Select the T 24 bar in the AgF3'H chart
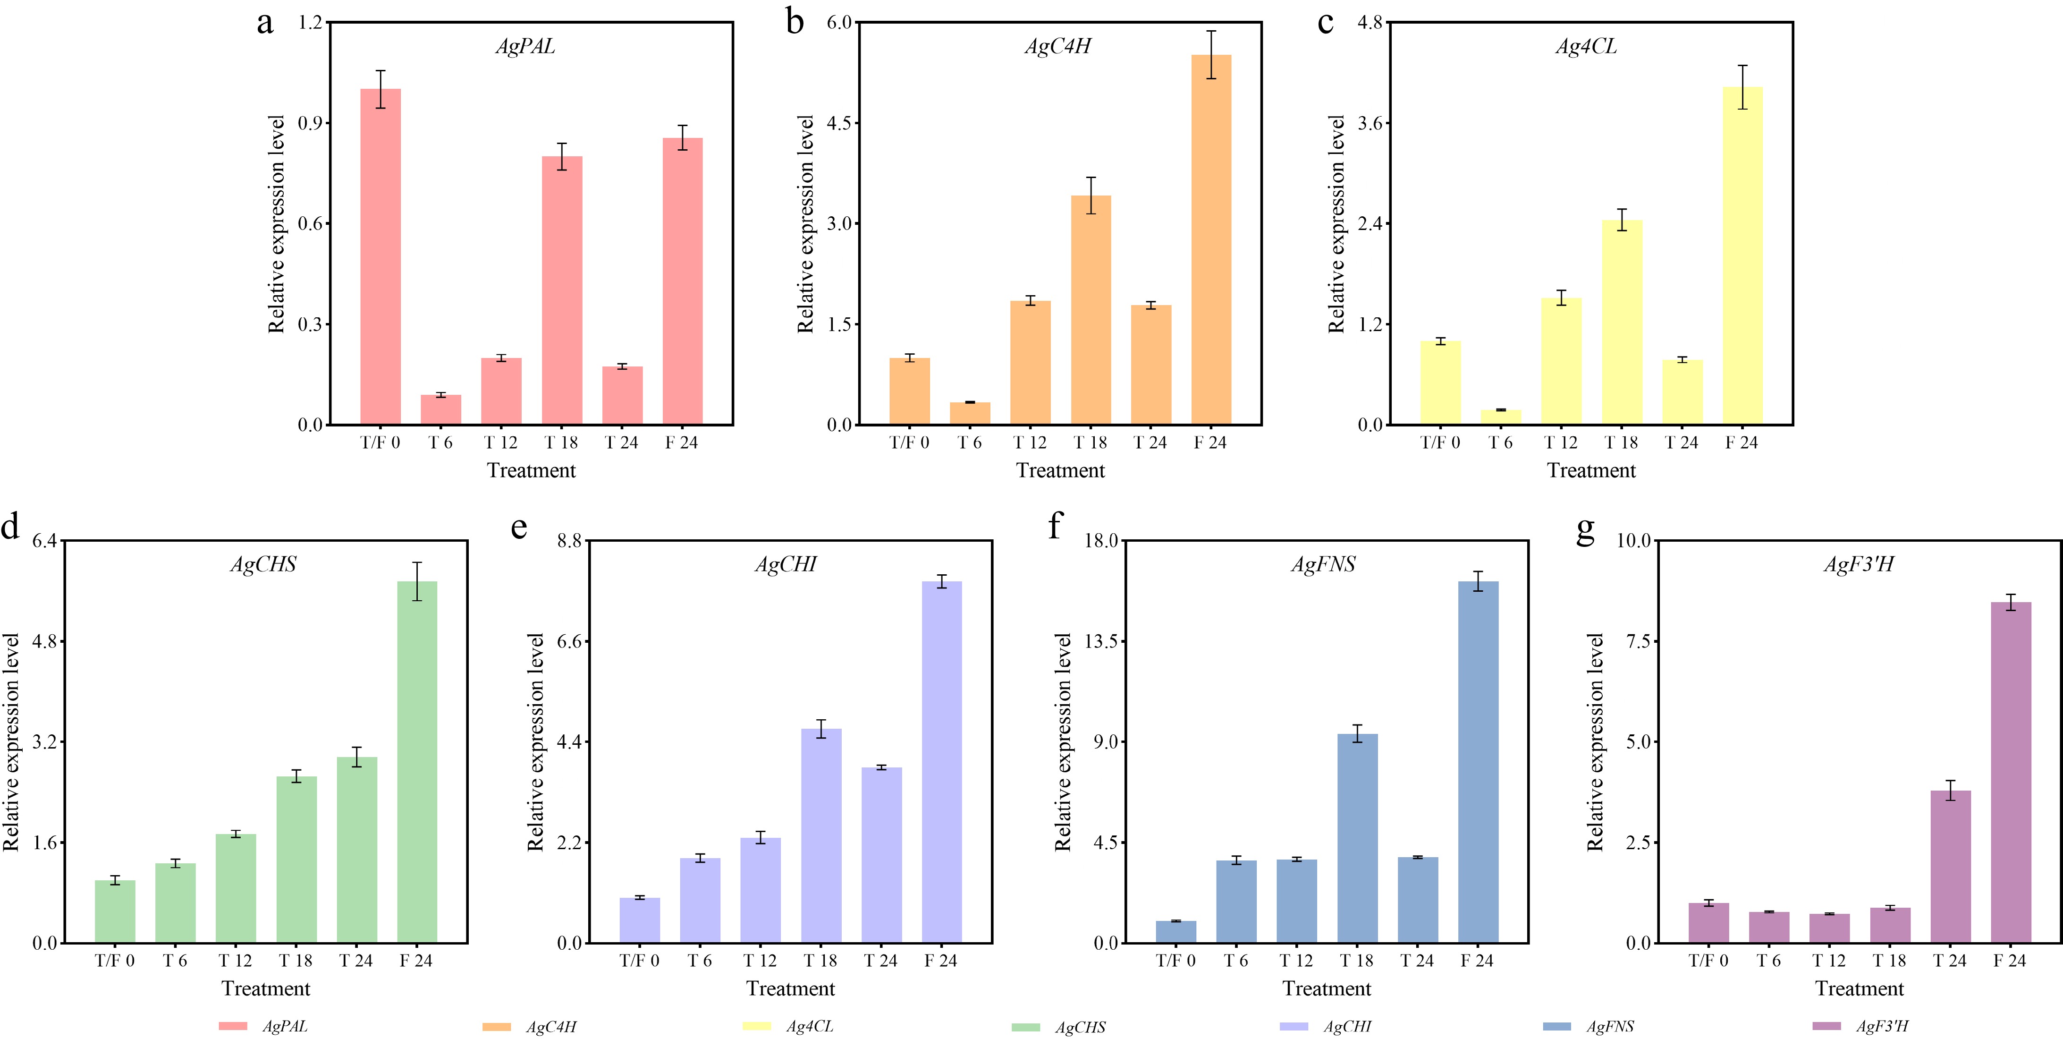pyautogui.click(x=1950, y=866)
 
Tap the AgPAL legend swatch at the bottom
pyautogui.click(x=232, y=1026)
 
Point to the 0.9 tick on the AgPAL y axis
pyautogui.click(x=310, y=123)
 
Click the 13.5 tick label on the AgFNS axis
pyautogui.click(x=1099, y=641)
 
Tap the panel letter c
pyautogui.click(x=1326, y=22)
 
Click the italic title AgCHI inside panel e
pyautogui.click(x=786, y=565)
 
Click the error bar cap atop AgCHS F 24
pyautogui.click(x=417, y=563)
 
